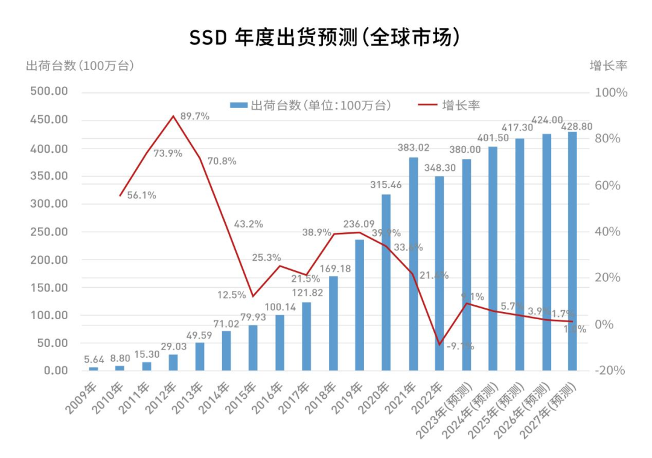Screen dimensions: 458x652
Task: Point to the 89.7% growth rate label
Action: coord(195,116)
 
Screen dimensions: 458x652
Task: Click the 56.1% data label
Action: coord(142,195)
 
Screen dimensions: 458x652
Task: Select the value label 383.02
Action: coord(414,147)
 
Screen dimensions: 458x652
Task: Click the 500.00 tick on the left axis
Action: coord(49,92)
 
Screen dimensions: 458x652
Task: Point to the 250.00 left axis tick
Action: coord(49,232)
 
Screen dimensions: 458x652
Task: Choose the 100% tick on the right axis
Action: coord(611,93)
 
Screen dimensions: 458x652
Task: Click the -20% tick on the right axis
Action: coord(609,371)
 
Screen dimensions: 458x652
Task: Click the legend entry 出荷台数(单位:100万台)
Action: coord(312,106)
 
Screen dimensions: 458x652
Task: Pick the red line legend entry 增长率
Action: coord(450,106)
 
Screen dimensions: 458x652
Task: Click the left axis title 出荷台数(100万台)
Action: coord(79,66)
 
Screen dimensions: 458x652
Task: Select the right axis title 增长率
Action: coord(608,66)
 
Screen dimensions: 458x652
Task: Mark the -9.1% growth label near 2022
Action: coord(460,346)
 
